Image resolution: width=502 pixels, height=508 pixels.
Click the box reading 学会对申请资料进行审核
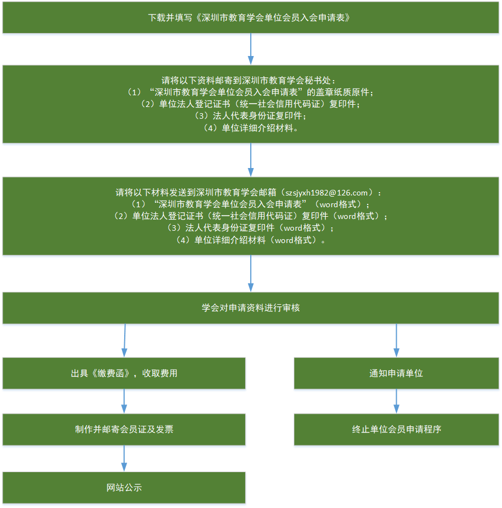(250, 308)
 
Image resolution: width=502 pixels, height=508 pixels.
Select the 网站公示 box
(124, 487)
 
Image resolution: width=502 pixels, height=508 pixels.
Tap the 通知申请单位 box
(396, 373)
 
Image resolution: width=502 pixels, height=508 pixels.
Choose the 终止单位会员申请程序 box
(396, 430)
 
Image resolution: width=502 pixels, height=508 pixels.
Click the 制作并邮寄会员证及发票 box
(124, 430)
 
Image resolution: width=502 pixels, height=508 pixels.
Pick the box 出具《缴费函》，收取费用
(124, 373)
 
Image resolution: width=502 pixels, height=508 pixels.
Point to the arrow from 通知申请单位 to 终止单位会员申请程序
(396, 401)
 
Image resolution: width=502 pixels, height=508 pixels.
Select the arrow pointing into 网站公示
(124, 459)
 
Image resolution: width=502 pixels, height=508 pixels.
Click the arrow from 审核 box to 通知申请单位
(396, 340)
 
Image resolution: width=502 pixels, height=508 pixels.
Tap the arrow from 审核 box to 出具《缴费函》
(124, 340)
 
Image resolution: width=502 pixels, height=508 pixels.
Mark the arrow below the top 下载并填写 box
(250, 49)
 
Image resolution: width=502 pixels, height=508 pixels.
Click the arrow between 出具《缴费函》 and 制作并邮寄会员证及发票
(124, 401)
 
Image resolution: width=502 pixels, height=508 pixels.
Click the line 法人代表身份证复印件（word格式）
(250, 228)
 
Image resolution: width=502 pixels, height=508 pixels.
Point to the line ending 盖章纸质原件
(250, 92)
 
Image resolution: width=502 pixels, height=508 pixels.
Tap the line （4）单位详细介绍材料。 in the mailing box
(250, 128)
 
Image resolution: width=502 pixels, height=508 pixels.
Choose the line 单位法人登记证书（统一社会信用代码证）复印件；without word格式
(250, 104)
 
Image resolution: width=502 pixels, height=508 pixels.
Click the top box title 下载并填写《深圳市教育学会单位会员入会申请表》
(250, 17)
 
